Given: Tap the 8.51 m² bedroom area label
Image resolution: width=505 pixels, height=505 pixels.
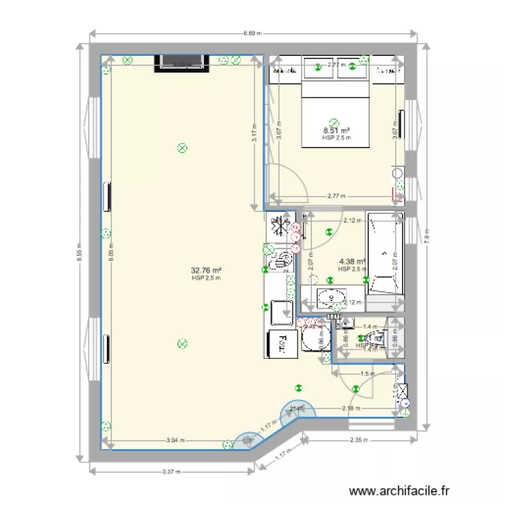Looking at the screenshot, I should click(337, 131).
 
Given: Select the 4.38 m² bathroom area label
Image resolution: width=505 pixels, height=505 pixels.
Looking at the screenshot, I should click(352, 261).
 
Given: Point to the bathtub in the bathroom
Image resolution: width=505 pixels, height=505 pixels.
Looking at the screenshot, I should click(384, 254).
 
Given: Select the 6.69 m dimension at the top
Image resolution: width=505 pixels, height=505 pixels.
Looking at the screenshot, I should click(252, 32).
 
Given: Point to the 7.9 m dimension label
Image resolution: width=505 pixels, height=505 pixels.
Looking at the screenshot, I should click(427, 236).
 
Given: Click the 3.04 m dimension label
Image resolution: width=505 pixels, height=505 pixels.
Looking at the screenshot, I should click(172, 440).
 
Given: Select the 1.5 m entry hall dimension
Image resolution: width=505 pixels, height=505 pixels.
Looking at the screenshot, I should click(367, 374).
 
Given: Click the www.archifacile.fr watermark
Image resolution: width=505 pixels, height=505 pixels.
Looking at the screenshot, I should click(400, 492).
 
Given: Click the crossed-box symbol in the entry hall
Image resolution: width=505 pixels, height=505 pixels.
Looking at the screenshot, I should click(402, 389).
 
